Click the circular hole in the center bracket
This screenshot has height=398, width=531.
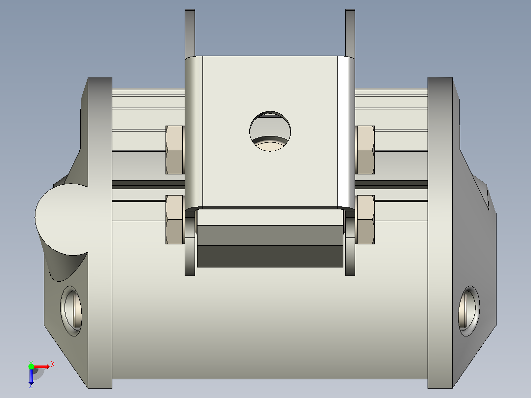(x=270, y=131)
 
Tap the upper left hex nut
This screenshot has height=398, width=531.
(x=175, y=150)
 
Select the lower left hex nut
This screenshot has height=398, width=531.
(x=175, y=220)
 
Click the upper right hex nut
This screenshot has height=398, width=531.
(x=365, y=150)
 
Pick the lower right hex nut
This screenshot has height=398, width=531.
(x=365, y=220)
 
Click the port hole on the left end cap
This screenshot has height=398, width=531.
(x=71, y=311)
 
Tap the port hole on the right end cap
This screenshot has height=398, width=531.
(x=469, y=311)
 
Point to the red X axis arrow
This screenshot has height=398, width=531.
(x=41, y=366)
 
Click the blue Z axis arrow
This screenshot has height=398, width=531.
(x=31, y=376)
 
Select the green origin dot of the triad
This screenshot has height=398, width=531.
(x=31, y=366)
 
